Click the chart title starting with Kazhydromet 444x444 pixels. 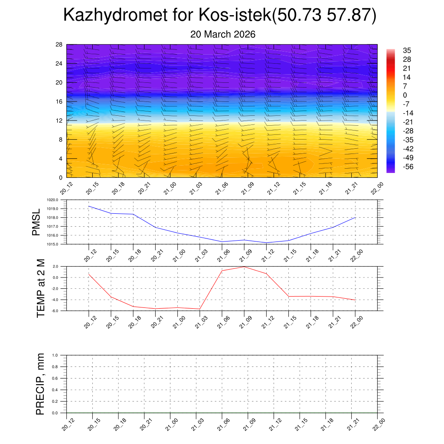[220, 16]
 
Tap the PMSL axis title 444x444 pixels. [36, 222]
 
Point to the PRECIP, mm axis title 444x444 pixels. [40, 384]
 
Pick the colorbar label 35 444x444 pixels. [407, 50]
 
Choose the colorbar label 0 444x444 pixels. [405, 95]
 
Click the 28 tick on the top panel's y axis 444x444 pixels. [59, 45]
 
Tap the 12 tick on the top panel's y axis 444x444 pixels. [59, 121]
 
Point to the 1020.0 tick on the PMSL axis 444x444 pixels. [58, 200]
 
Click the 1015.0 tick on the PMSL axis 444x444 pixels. [58, 245]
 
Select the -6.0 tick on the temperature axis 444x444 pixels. [60, 311]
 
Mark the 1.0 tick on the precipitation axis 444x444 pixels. [61, 355]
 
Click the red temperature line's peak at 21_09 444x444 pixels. [244, 267]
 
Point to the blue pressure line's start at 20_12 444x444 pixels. [89, 206]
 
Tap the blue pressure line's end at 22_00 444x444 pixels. [356, 217]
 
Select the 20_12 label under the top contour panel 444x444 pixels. [67, 189]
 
